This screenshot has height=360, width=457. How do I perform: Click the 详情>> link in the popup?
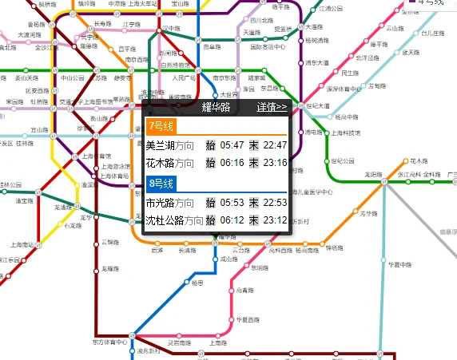point(272,106)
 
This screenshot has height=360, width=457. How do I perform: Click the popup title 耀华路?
point(216,106)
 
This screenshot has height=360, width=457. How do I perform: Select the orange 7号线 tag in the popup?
point(161,126)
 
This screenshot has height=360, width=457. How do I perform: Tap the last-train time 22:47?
point(274,145)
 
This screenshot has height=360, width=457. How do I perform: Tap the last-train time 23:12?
point(274,220)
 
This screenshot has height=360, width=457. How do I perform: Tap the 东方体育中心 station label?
point(110,342)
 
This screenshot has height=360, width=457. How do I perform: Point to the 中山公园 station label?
point(73,78)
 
